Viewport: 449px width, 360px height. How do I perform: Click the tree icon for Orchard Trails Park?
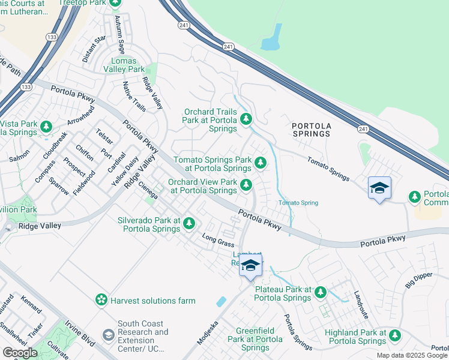point(246,121)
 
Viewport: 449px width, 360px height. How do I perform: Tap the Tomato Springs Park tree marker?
point(260,162)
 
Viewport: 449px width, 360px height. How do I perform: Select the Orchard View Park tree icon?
point(246,185)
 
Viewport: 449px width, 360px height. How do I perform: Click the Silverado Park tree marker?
point(189,223)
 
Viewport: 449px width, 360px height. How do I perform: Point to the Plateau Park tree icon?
point(321,292)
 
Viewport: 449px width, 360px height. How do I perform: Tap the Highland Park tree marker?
point(394,335)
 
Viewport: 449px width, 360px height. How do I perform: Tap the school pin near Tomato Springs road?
point(379,188)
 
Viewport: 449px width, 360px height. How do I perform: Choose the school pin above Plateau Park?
point(251,265)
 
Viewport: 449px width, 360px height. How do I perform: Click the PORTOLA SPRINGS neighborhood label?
point(311,130)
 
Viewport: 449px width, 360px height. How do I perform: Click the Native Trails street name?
point(134,97)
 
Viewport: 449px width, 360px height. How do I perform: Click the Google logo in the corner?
point(20,352)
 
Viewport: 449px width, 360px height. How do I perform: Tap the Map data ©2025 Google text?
point(411,355)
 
